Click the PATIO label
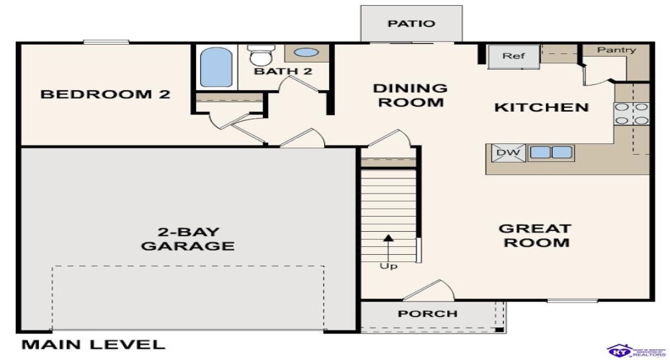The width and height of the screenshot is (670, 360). tap(411, 24)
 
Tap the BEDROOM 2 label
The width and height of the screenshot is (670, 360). tap(105, 94)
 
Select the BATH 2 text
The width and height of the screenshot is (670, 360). tap(282, 71)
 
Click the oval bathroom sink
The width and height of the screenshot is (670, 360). tap(307, 53)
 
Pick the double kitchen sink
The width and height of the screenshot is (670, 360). tap(551, 152)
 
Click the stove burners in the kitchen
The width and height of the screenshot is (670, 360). tap(631, 114)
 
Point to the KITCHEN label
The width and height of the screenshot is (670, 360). tap(541, 108)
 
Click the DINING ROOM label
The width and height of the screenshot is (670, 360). tap(409, 95)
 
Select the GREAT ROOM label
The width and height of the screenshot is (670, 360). tap(535, 235)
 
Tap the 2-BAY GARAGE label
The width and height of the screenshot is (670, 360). tap(187, 239)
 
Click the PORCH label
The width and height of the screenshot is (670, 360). tap(428, 314)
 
